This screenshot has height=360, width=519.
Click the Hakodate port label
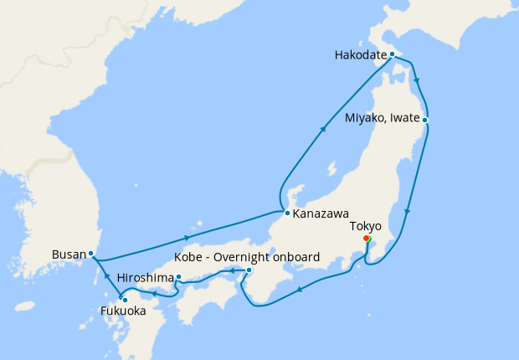pyautogui.click(x=360, y=55)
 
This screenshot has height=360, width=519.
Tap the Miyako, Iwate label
pyautogui.click(x=383, y=120)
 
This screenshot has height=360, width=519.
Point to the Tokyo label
pyautogui.click(x=366, y=226)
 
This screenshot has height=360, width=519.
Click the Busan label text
pyautogui.click(x=67, y=253)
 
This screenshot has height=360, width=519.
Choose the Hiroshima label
pyautogui.click(x=146, y=277)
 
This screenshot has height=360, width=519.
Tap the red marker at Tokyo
pyautogui.click(x=367, y=239)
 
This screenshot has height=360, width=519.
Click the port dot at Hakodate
pyautogui.click(x=392, y=54)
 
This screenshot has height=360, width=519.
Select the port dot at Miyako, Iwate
pyautogui.click(x=425, y=120)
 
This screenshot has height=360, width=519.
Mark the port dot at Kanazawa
pyautogui.click(x=287, y=213)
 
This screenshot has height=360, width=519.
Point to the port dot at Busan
pyautogui.click(x=90, y=253)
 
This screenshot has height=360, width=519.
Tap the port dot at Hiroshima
pyautogui.click(x=178, y=277)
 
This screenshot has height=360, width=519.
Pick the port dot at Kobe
pyautogui.click(x=249, y=270)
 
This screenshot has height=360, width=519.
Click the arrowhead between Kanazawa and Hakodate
pyautogui.click(x=323, y=131)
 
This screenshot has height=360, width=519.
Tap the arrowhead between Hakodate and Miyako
pyautogui.click(x=417, y=82)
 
